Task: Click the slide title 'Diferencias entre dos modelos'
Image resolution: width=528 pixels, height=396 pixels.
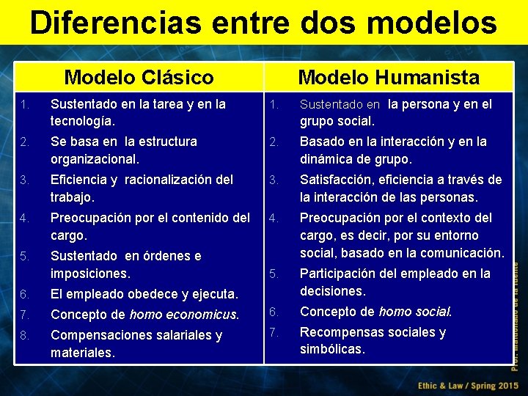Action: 263,22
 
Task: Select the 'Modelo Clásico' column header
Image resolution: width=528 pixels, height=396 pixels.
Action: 139,77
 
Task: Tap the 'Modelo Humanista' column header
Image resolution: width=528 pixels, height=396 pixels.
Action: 389,77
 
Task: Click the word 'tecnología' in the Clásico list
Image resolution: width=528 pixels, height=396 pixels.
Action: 81,121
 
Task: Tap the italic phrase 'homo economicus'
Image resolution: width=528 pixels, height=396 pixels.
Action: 183,315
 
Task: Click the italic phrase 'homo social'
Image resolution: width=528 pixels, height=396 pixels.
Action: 414,312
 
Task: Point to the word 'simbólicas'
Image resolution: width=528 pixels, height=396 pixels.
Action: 331,350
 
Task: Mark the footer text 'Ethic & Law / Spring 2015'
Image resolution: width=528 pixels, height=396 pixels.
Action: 467,385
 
